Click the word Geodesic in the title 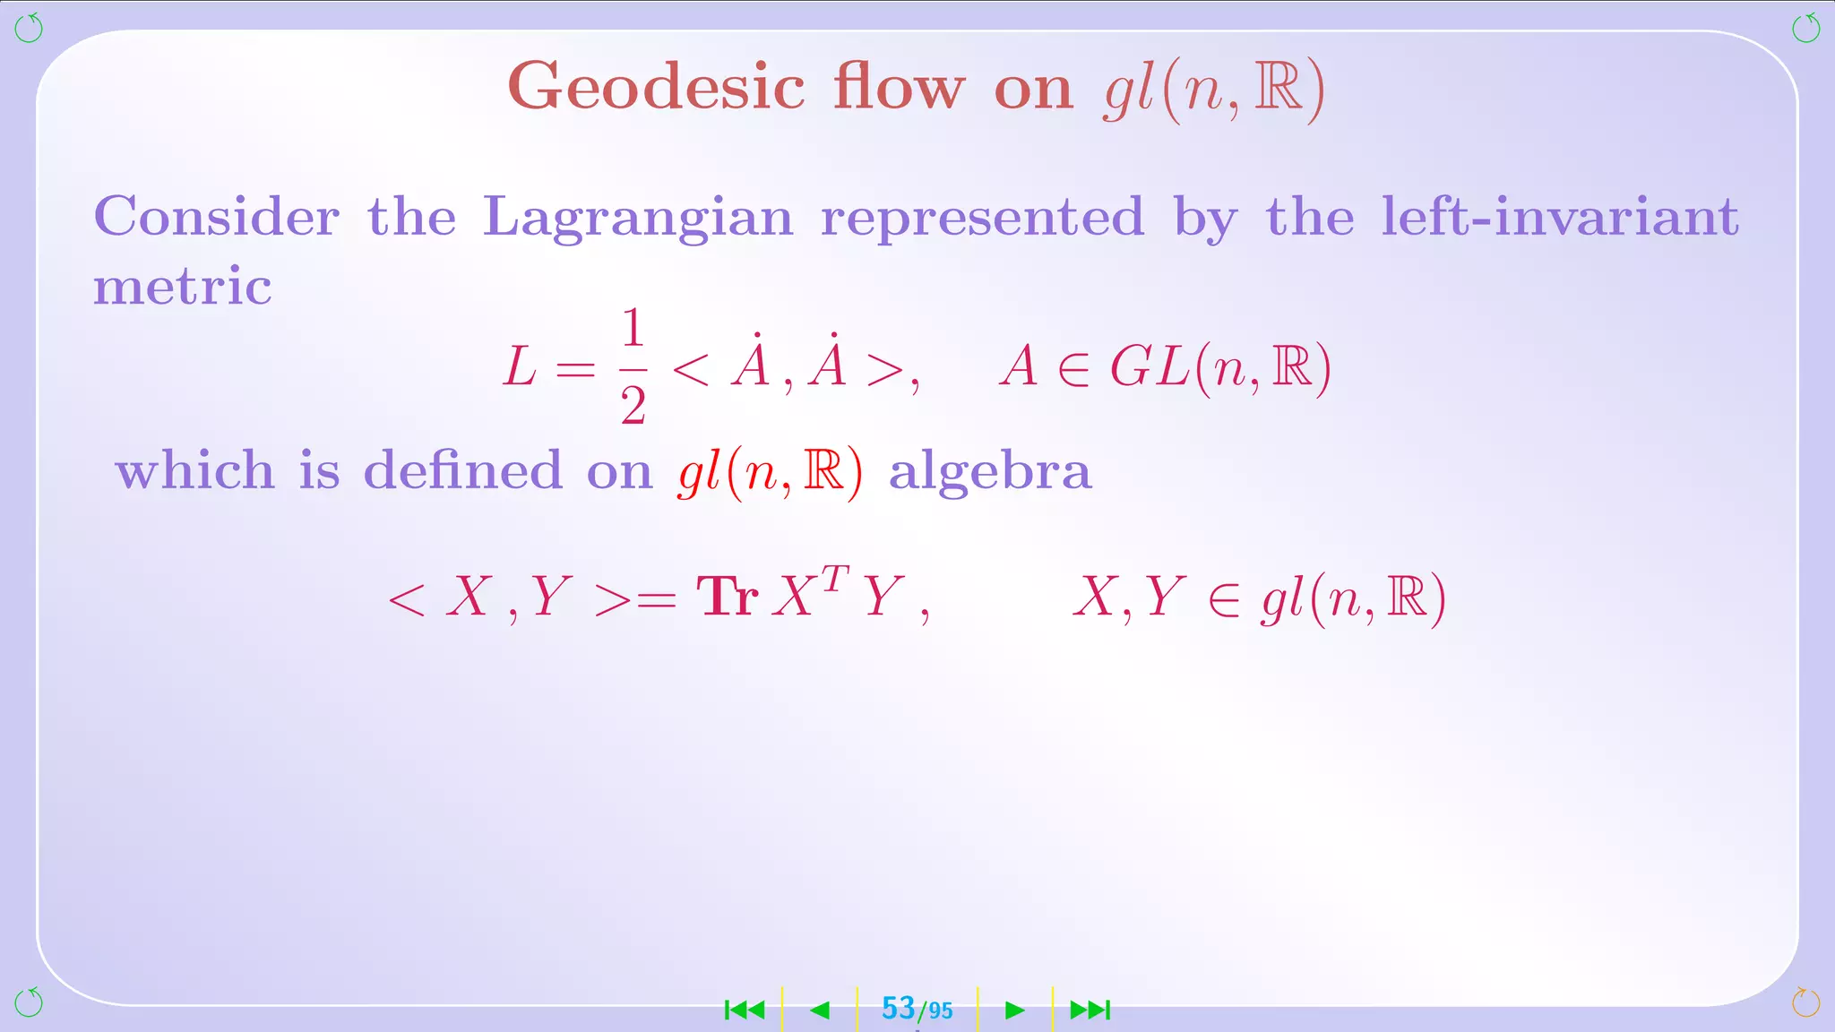[x=656, y=88]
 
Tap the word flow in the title [x=899, y=88]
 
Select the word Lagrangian [x=638, y=219]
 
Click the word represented [x=983, y=219]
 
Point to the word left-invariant [x=1560, y=217]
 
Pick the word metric [x=183, y=287]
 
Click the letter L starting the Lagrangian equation [x=520, y=368]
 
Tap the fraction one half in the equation [x=633, y=366]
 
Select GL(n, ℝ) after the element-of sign [x=1220, y=368]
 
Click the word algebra [x=990, y=472]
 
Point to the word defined [x=462, y=470]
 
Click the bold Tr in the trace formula [x=728, y=597]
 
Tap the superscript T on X [x=834, y=578]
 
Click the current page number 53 [x=898, y=1009]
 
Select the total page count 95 [x=940, y=1011]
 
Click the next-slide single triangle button [x=1014, y=1010]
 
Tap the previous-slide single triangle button [x=820, y=1010]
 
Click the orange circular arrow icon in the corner [x=1805, y=1002]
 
